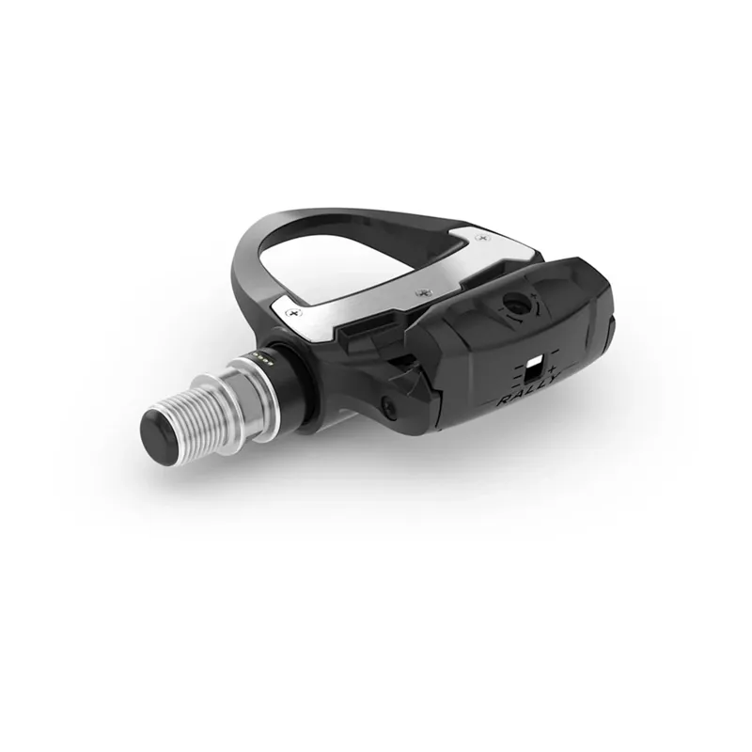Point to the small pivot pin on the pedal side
tap(387, 405)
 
